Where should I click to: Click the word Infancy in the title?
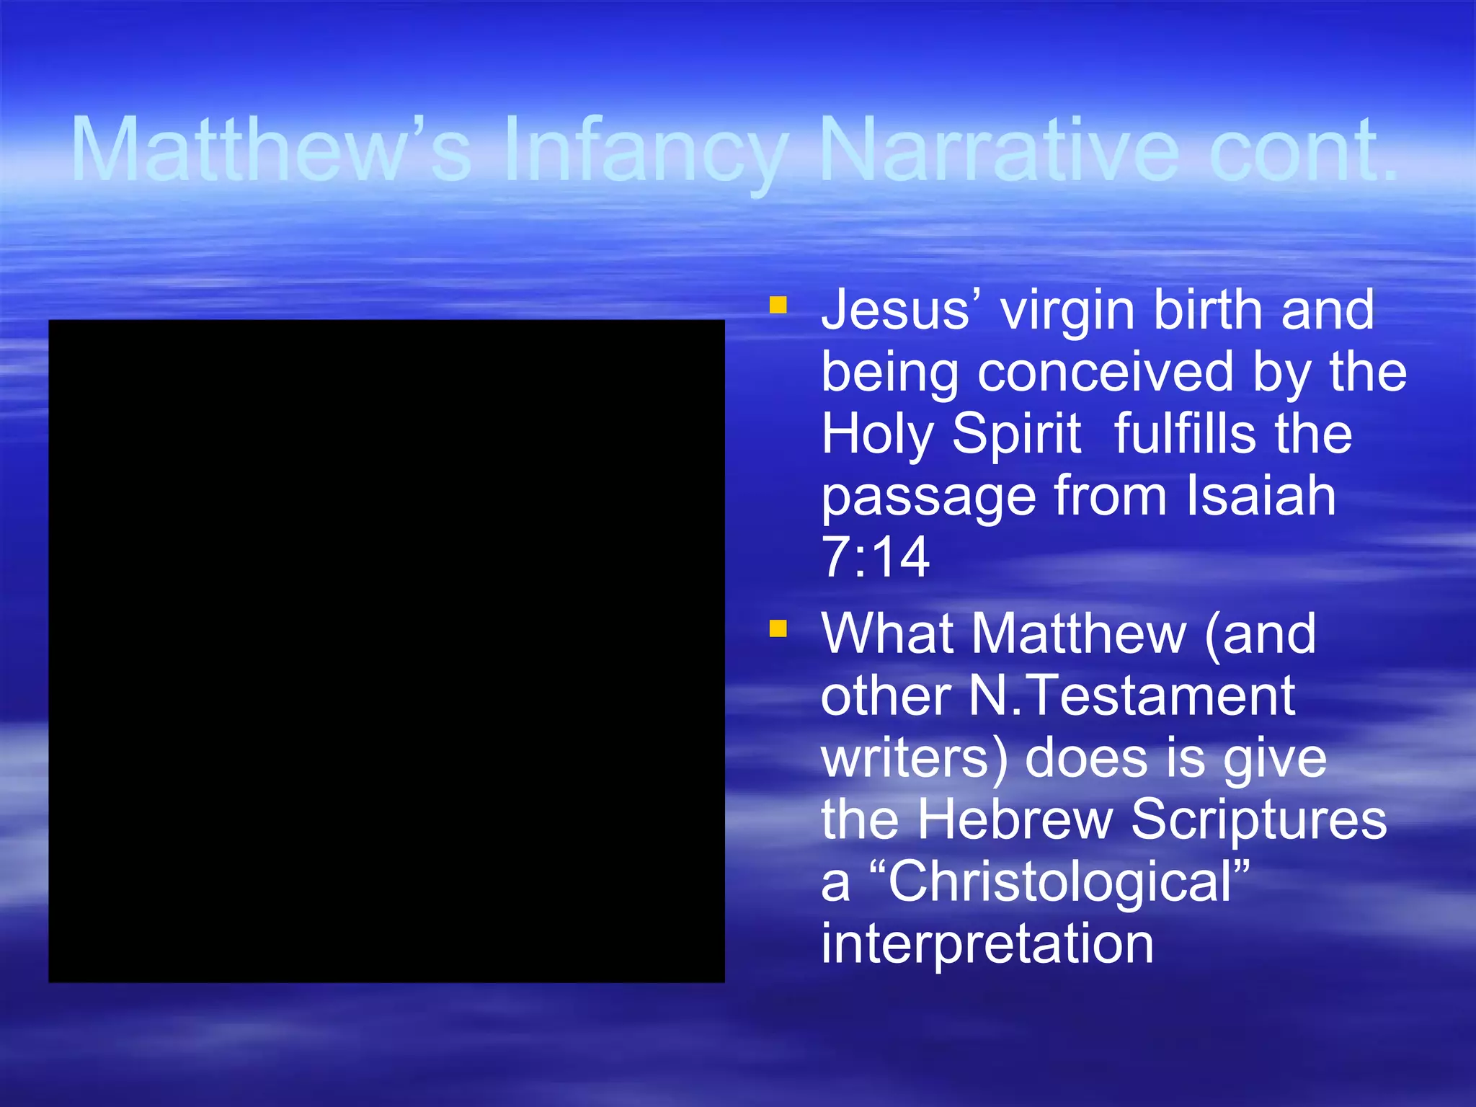[646, 150]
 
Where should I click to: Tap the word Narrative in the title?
[999, 150]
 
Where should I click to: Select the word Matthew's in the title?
[272, 150]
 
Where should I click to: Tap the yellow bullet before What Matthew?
[778, 629]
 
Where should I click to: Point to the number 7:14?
[875, 557]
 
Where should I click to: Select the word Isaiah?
[1261, 496]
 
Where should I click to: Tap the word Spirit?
[1016, 435]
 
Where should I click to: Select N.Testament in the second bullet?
[1132, 696]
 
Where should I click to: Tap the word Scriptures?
[1258, 819]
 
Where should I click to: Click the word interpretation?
[987, 943]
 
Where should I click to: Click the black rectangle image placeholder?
[386, 651]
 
